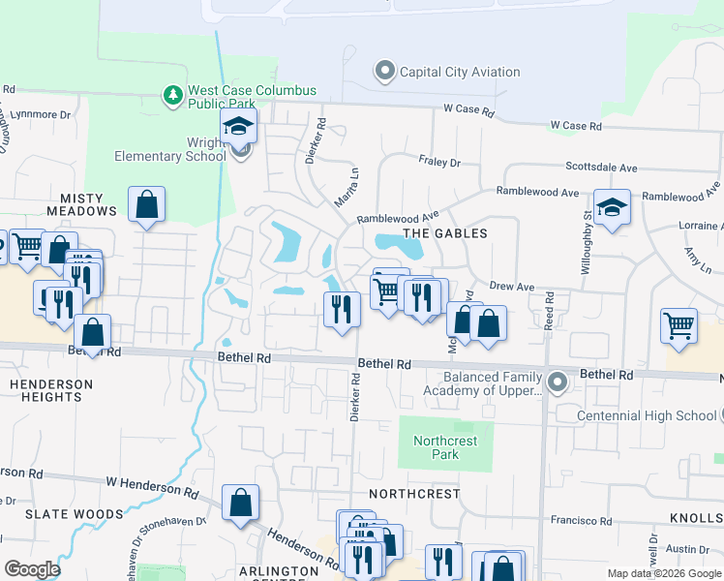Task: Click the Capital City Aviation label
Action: coord(460,72)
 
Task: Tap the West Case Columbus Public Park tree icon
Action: coord(173,96)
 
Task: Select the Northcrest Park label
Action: coord(444,447)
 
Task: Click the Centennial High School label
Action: coord(646,415)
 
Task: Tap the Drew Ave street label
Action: coord(512,287)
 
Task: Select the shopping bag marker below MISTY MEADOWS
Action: coord(146,205)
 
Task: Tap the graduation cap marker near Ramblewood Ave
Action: coord(612,208)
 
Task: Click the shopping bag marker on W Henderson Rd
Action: coord(240,503)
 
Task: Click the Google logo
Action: coord(33,569)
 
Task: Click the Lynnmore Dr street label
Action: coord(39,114)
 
